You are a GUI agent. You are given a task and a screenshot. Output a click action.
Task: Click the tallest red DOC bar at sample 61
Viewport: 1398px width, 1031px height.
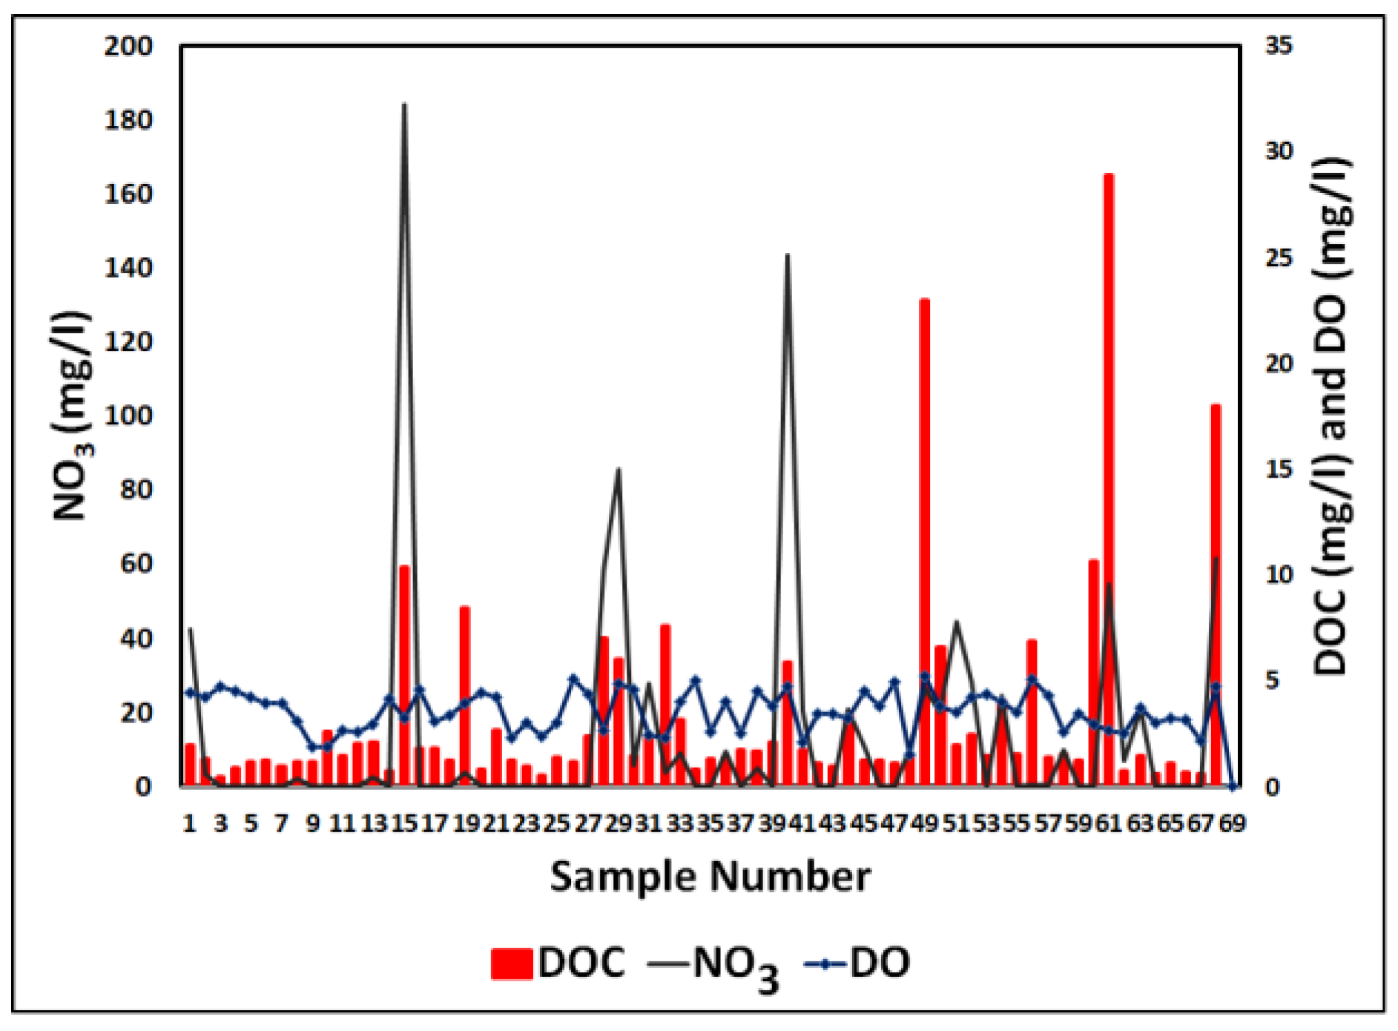(1109, 482)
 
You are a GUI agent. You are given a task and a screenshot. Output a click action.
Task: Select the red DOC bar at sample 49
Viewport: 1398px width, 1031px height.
(925, 541)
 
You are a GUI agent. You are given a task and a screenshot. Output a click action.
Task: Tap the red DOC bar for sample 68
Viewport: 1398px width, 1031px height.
(1216, 593)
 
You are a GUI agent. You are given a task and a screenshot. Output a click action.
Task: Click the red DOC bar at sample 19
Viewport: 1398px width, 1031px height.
(465, 697)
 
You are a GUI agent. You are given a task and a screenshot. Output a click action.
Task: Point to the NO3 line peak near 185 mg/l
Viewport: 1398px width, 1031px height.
(404, 105)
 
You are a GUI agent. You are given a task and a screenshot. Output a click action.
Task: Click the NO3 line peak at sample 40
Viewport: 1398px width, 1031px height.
(788, 255)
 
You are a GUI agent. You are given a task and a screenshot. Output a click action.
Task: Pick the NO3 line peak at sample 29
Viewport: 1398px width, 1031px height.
(619, 470)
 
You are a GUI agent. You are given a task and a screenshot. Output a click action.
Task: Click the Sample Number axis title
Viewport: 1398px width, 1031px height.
(710, 877)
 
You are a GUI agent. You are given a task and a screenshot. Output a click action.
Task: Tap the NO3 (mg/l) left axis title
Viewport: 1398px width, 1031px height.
(72, 415)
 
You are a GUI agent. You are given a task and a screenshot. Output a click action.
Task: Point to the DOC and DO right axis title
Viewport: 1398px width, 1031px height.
(1331, 415)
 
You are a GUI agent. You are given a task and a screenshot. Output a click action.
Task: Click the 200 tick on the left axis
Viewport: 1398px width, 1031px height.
(128, 46)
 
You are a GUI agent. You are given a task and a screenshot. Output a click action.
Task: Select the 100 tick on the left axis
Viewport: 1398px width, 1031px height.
(128, 415)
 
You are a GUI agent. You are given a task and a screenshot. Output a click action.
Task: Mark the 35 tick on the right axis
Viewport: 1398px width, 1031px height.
(1279, 46)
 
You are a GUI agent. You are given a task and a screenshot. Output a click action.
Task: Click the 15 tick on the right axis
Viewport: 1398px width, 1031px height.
(1279, 469)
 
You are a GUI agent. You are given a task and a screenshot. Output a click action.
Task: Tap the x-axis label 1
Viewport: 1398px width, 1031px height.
(189, 823)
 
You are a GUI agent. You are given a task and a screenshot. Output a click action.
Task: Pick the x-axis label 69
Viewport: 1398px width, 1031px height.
(1233, 823)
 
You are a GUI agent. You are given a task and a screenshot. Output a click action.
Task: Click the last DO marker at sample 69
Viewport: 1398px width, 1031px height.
(1233, 786)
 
